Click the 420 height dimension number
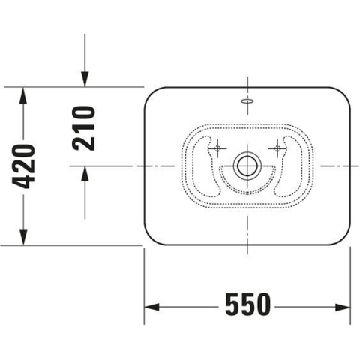coord(23,166)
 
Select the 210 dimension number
coord(83,128)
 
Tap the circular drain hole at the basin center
coord(247,166)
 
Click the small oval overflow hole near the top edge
coord(247,100)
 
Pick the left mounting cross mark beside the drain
coord(217,148)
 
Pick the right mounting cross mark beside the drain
coord(277,148)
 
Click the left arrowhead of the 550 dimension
coord(152,307)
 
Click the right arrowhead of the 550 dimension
coord(343,307)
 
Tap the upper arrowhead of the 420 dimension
coord(23,95)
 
